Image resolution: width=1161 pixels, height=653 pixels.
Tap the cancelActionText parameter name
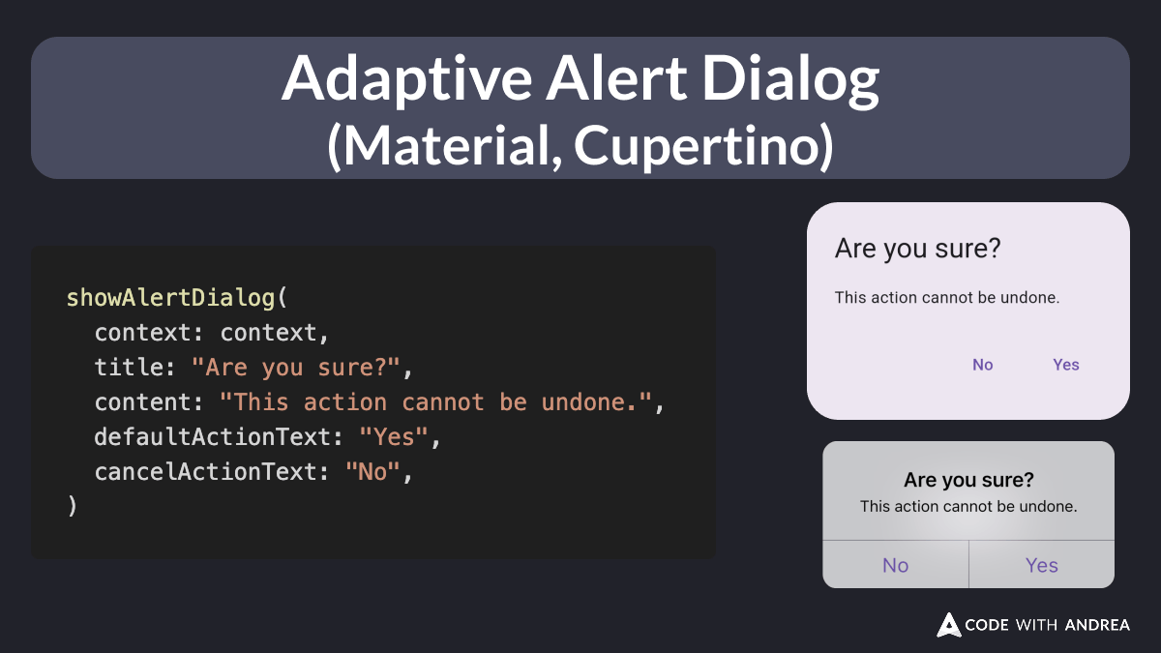(205, 472)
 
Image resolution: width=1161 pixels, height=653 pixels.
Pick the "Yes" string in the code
(394, 437)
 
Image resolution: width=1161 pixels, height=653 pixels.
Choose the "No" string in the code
(372, 472)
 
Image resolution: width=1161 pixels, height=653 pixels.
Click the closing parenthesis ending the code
(72, 506)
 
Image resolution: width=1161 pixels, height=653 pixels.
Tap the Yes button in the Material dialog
(1065, 365)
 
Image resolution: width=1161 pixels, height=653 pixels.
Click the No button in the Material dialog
(982, 365)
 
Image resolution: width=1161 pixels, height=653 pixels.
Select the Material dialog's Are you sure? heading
(917, 249)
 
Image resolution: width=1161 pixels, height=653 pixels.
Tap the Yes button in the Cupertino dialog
(1041, 565)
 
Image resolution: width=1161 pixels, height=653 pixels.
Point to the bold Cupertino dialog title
(967, 480)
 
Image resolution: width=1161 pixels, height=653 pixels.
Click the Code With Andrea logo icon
(948, 625)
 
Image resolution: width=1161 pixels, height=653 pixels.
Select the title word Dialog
(790, 79)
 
